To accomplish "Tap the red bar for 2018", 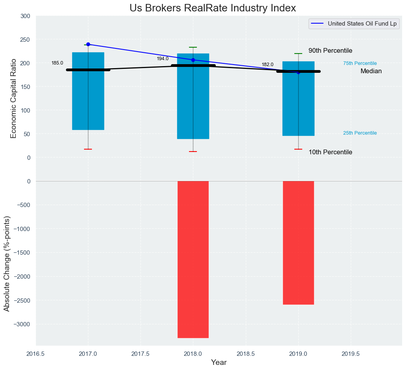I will [x=193, y=259].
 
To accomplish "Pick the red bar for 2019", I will [x=298, y=242].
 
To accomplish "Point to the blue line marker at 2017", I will [x=88, y=44].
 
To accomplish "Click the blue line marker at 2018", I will [x=193, y=60].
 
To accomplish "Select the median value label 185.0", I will [x=57, y=63].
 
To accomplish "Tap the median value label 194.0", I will [x=163, y=59].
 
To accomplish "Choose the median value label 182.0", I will [x=268, y=65].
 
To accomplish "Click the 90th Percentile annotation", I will [x=330, y=51].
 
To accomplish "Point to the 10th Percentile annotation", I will [x=330, y=152].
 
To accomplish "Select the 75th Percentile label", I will [x=360, y=63].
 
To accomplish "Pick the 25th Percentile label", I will [x=360, y=133].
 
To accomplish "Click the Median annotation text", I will [x=371, y=71].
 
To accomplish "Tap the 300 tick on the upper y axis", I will [x=25, y=16].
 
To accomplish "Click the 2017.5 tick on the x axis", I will [x=140, y=354].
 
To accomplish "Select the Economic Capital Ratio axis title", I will [x=14, y=98].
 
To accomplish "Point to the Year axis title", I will [x=219, y=363].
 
